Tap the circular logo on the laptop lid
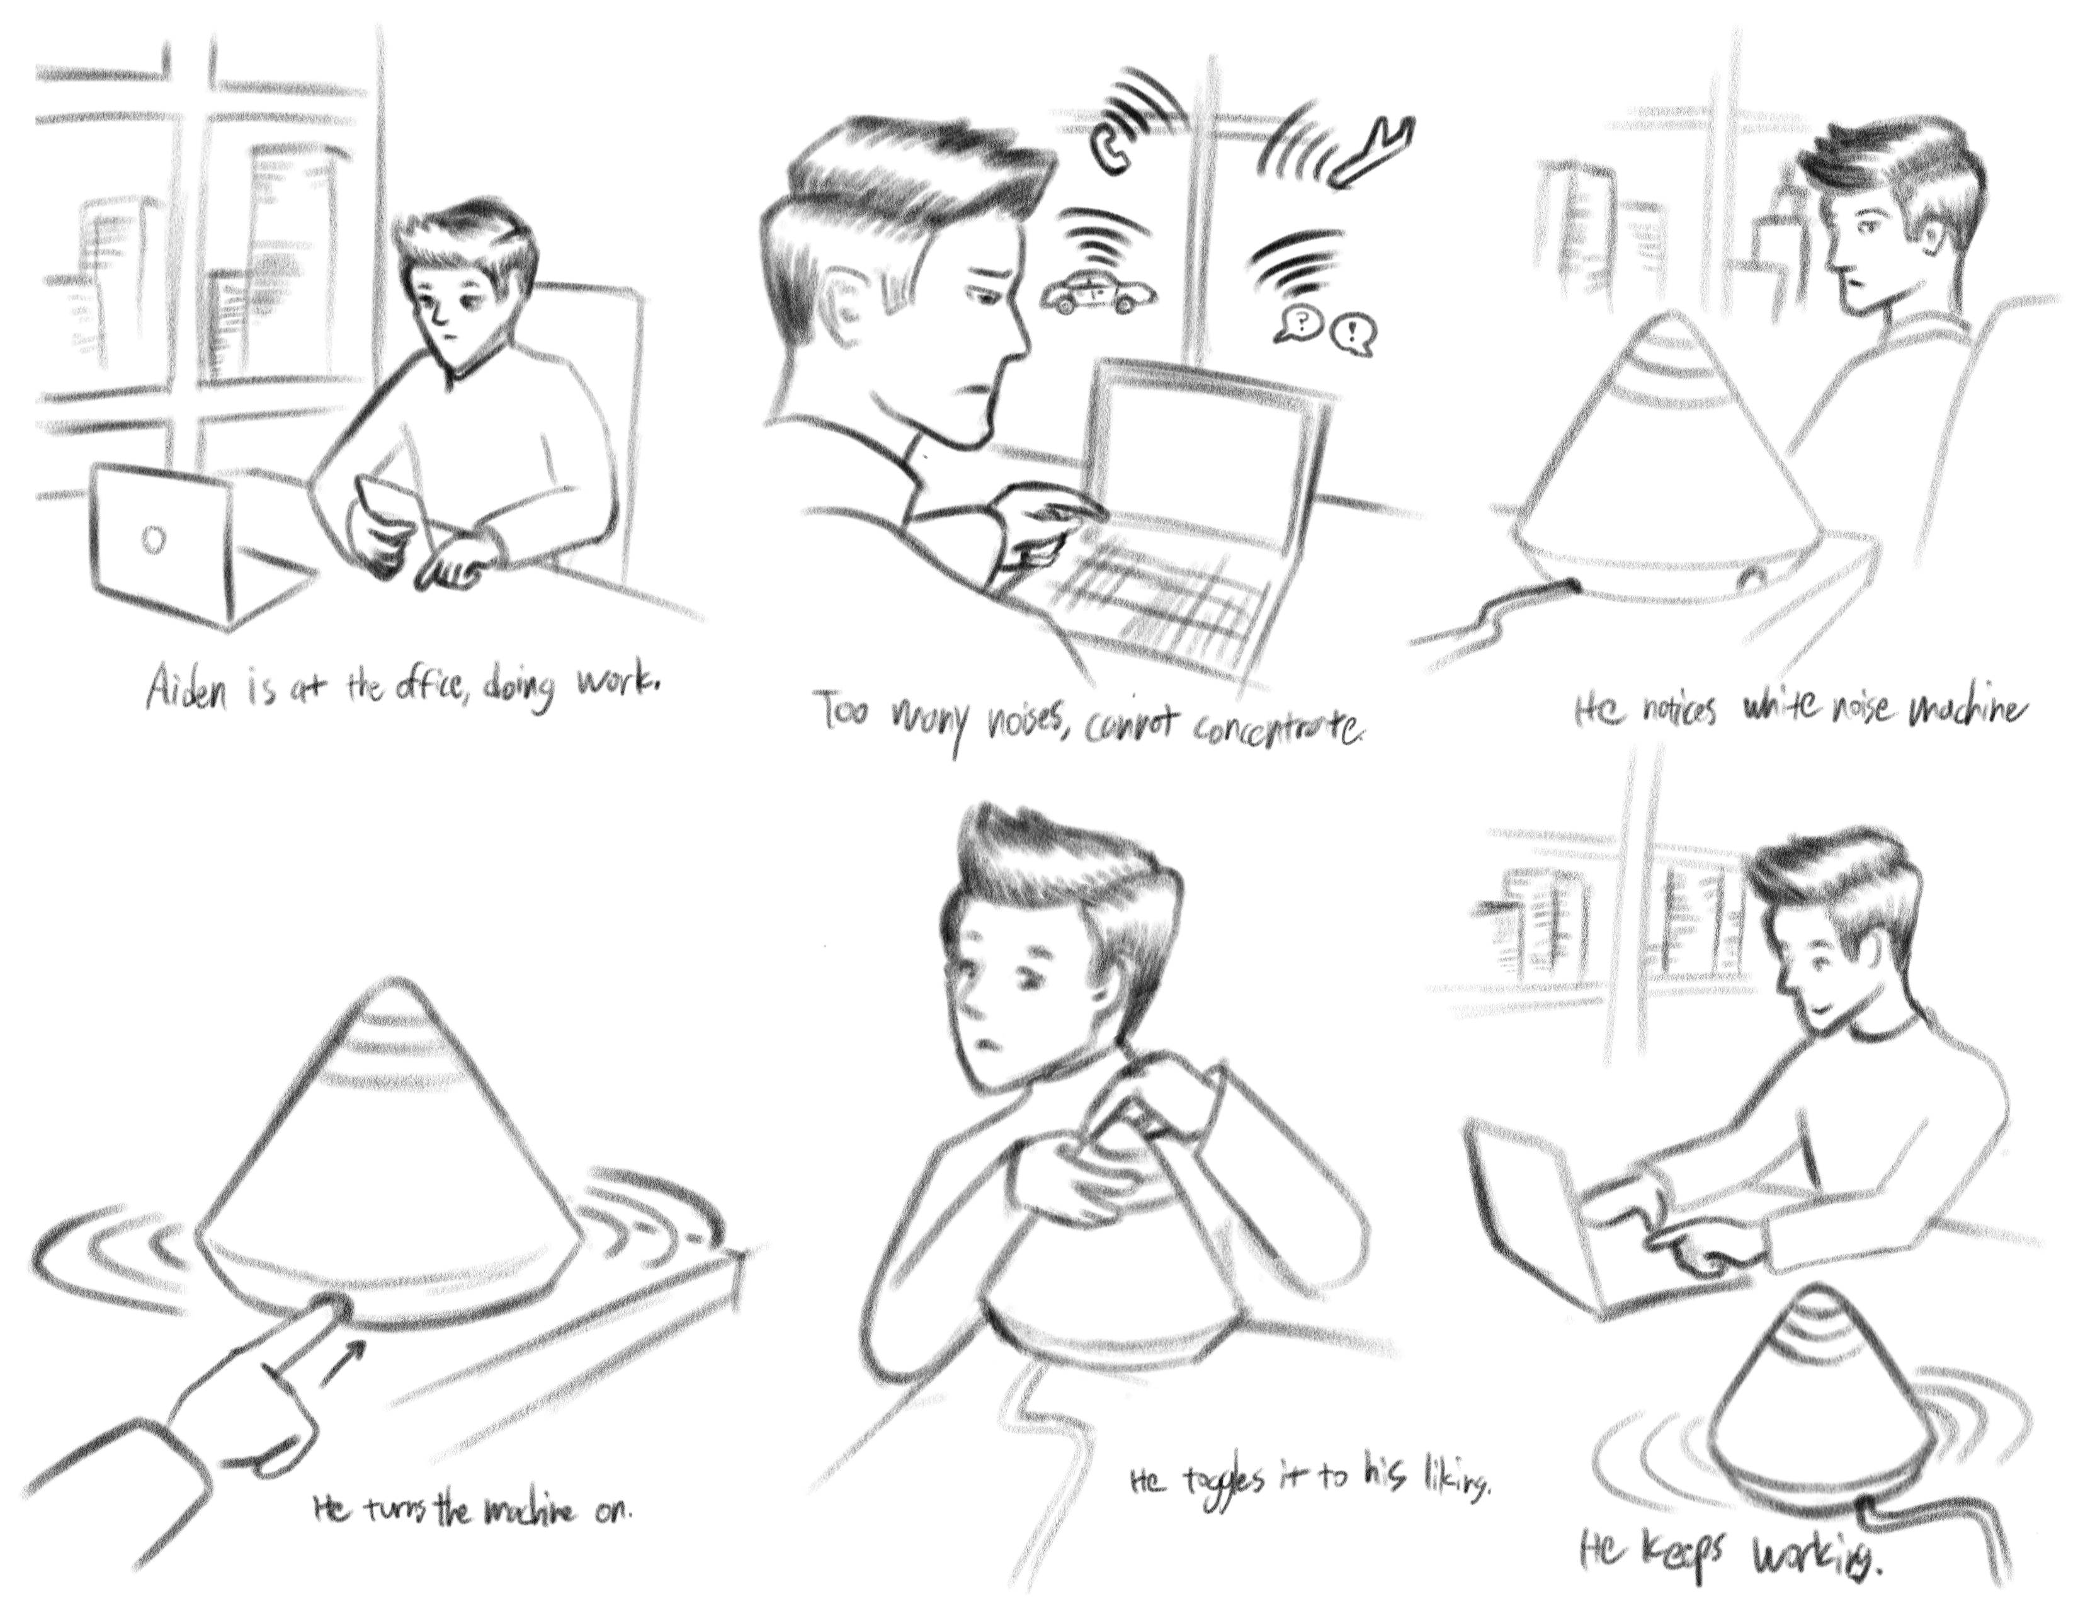coord(152,540)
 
